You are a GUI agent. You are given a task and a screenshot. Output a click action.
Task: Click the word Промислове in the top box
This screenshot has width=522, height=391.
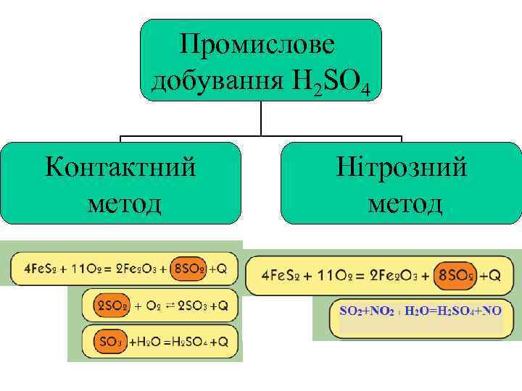pos(259,46)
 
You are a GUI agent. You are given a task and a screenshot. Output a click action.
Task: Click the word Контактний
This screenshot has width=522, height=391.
pos(120,168)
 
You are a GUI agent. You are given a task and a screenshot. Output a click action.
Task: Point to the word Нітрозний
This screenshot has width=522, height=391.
pos(402,168)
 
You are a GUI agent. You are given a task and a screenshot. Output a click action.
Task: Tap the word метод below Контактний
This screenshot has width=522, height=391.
pos(121,203)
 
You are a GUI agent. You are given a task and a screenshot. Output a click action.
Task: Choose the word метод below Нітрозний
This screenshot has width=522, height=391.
pos(403,203)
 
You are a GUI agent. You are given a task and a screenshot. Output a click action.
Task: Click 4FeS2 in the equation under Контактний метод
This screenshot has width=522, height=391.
pos(33,269)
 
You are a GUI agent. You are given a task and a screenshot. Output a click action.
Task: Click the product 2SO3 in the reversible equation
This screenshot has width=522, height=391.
pos(193,306)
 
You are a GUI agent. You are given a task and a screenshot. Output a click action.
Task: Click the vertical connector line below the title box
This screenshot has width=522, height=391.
pos(261,118)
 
